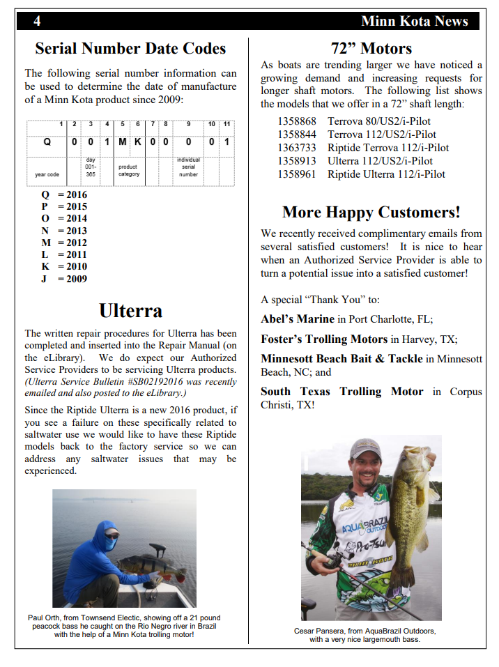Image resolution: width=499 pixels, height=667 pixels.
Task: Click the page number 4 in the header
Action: point(37,21)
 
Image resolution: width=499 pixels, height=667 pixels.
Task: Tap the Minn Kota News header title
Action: point(415,21)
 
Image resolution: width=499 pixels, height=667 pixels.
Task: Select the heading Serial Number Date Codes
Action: point(130,48)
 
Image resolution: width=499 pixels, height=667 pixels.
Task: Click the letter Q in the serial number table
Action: point(47,141)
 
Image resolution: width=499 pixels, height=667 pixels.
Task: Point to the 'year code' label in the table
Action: point(47,174)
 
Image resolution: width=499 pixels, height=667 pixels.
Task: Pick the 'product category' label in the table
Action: point(128,170)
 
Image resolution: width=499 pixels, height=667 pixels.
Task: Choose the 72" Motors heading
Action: point(371,48)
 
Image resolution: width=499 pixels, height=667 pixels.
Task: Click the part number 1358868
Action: point(297,121)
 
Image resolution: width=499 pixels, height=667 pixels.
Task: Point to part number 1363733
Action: point(297,148)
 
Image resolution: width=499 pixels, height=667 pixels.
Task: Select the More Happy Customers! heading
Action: point(371,212)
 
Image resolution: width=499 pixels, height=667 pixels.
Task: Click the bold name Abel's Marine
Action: point(298,319)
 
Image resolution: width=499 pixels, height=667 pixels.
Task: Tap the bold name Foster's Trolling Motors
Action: point(324,339)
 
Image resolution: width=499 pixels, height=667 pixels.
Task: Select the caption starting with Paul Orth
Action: point(124,626)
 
